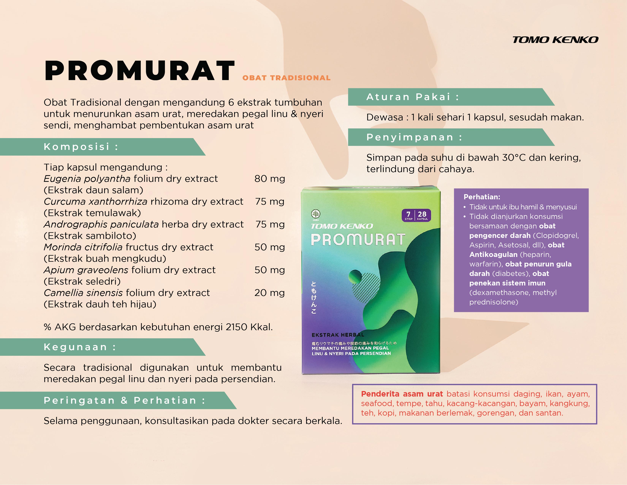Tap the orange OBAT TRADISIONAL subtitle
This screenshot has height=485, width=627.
click(286, 78)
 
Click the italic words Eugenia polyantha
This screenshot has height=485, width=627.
click(87, 179)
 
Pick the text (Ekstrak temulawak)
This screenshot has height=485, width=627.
click(92, 213)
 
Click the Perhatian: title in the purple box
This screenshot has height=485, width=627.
click(482, 197)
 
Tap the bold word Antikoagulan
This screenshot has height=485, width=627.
click(493, 254)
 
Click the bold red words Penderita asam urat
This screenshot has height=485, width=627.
click(402, 394)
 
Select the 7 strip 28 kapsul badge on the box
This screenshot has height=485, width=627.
click(416, 215)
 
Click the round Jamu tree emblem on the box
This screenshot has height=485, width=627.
click(316, 214)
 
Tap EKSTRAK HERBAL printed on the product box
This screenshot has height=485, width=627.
click(338, 335)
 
